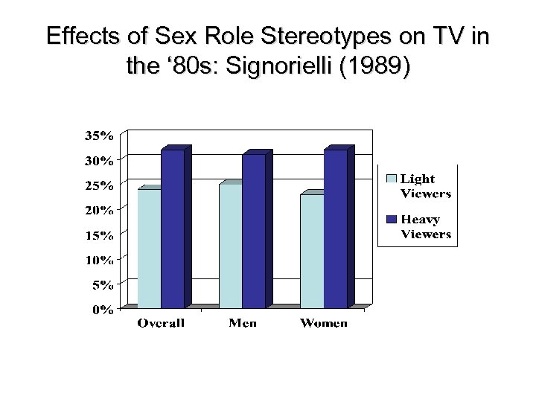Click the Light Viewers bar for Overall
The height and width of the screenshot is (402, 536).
click(x=149, y=249)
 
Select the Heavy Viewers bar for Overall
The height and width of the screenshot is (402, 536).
click(x=173, y=229)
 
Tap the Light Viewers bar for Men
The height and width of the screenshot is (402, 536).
click(x=230, y=246)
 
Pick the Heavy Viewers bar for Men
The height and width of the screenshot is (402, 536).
click(x=254, y=231)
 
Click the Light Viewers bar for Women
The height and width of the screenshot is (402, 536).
click(x=311, y=251)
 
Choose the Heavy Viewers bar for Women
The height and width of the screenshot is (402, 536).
click(x=335, y=229)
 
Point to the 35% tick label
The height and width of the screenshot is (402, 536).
click(x=100, y=136)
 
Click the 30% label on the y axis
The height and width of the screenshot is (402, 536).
click(x=100, y=161)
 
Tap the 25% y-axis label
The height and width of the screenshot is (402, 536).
click(x=100, y=185)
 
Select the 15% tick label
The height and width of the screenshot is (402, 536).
click(x=100, y=235)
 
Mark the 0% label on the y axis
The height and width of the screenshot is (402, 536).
click(x=103, y=310)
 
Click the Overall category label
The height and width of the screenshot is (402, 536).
click(x=161, y=324)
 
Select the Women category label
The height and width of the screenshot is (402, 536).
click(x=323, y=324)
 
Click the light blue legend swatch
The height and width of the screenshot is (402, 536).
click(x=392, y=179)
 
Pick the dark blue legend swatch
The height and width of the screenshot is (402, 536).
click(x=392, y=220)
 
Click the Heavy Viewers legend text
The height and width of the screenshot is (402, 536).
click(x=426, y=227)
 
